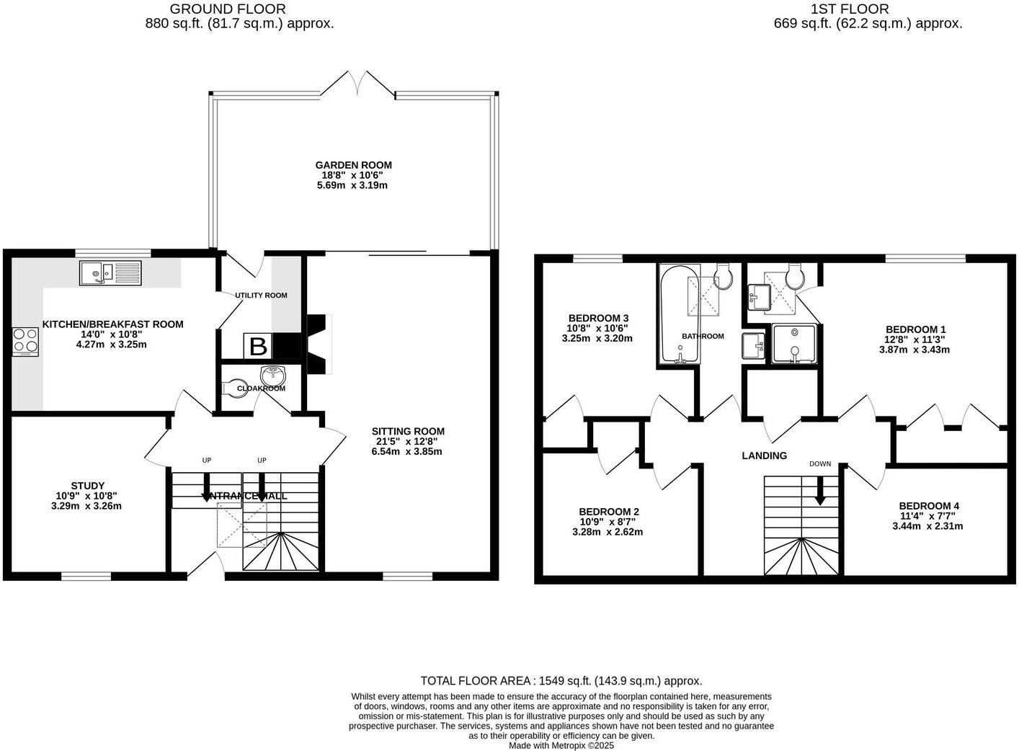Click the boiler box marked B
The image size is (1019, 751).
(257, 347)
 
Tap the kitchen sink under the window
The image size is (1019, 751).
(112, 272)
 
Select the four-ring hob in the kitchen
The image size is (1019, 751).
(25, 341)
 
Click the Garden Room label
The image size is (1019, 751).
(353, 165)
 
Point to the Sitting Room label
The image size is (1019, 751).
(408, 432)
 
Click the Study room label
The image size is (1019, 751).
(88, 486)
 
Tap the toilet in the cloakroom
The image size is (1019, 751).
(234, 388)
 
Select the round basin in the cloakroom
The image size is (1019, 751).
(273, 375)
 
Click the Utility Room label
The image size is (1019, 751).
(261, 295)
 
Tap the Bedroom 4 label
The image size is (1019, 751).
(928, 506)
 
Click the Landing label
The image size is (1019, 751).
(764, 456)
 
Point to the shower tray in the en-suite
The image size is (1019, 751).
(794, 344)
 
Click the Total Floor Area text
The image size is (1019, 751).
(561, 680)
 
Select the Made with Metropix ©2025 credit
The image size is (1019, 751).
(561, 746)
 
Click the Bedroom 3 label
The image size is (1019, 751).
(598, 318)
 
